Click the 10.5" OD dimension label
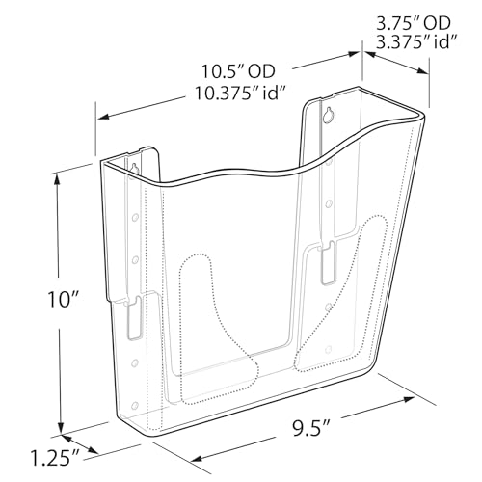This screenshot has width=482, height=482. [238, 71]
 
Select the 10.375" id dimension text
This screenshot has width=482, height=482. [241, 94]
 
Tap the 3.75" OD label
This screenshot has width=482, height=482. [414, 23]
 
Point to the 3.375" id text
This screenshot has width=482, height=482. [416, 41]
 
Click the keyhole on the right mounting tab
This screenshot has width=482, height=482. [328, 115]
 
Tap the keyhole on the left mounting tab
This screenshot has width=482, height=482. [135, 168]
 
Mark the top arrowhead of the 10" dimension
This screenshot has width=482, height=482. [57, 178]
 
